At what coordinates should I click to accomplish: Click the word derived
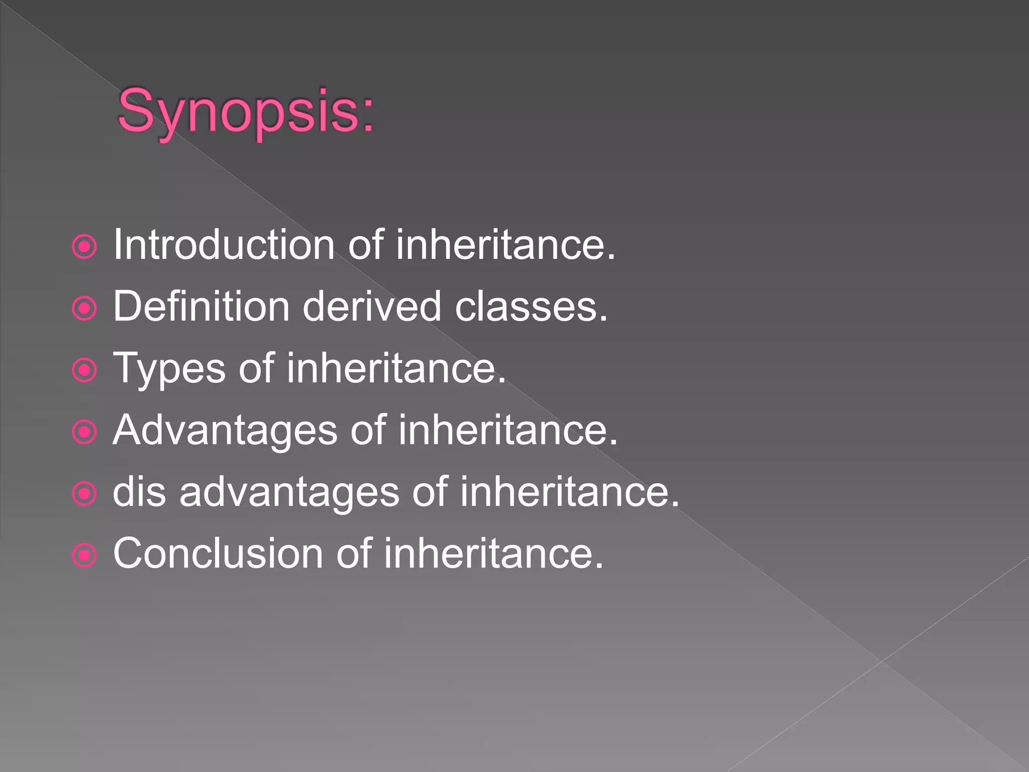pyautogui.click(x=372, y=307)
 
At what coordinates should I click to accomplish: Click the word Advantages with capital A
pyautogui.click(x=225, y=430)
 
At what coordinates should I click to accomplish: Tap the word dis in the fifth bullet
pyautogui.click(x=139, y=492)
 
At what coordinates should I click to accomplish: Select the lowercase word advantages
pyautogui.click(x=289, y=493)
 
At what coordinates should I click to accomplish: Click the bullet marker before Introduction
pyautogui.click(x=84, y=247)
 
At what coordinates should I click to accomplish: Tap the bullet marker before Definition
pyautogui.click(x=84, y=309)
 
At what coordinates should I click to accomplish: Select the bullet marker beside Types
pyautogui.click(x=84, y=370)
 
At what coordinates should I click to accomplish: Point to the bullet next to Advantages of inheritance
pyautogui.click(x=84, y=432)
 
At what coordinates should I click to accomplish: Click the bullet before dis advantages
pyautogui.click(x=84, y=494)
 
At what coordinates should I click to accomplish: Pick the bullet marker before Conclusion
pyautogui.click(x=84, y=556)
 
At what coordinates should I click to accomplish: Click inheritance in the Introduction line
pyautogui.click(x=505, y=245)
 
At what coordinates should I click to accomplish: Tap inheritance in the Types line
pyautogui.click(x=396, y=368)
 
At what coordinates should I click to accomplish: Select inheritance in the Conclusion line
pyautogui.click(x=493, y=554)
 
